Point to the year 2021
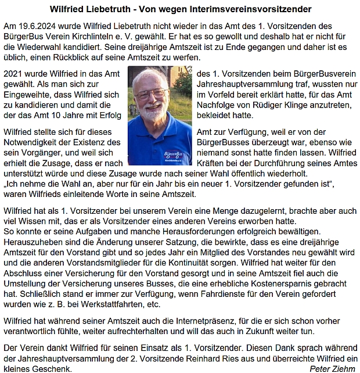coord(14,74)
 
